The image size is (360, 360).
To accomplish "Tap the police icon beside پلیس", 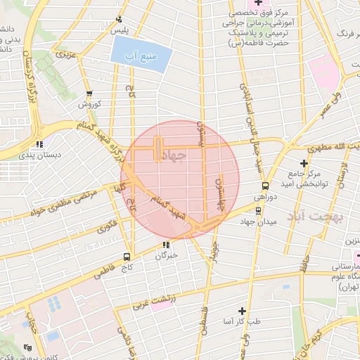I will click(x=119, y=20).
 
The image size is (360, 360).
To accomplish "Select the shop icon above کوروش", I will click(x=89, y=94).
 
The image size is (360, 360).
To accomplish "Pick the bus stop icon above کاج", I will click(x=127, y=257).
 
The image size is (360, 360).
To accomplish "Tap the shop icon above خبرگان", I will click(x=166, y=245).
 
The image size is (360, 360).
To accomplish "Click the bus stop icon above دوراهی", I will click(x=264, y=186).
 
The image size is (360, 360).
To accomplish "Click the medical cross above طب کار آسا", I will click(x=242, y=309).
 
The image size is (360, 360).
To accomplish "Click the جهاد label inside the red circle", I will click(x=174, y=155).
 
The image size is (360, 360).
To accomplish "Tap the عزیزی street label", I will click(x=65, y=53).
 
